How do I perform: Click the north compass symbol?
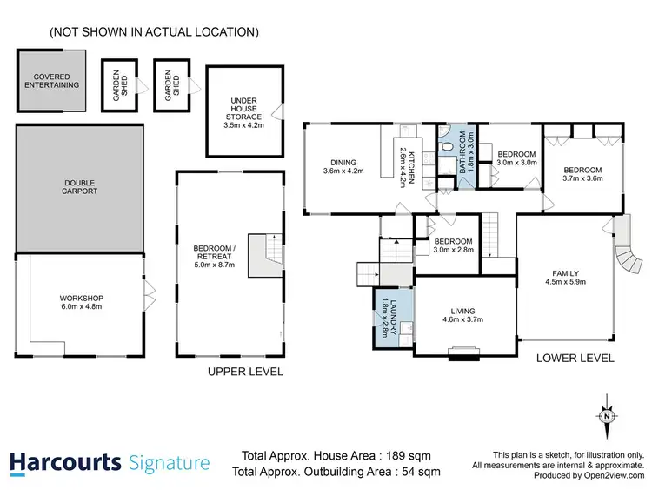[605, 415]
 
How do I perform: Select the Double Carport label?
[80, 186]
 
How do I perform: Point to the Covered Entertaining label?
[51, 81]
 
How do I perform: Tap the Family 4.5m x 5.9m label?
[564, 276]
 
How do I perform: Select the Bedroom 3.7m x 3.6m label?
[582, 175]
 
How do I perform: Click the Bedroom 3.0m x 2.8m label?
[453, 245]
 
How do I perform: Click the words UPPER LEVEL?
[245, 372]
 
